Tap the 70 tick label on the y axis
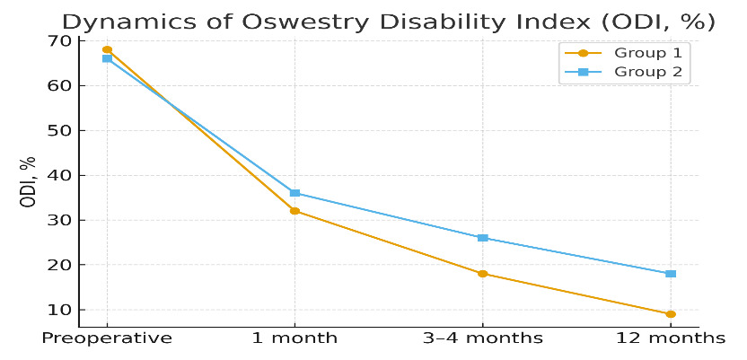click(59, 41)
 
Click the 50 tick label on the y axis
click(59, 131)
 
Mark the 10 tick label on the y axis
click(59, 310)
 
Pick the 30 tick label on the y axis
click(59, 220)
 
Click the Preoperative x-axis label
click(107, 338)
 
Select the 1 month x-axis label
click(294, 338)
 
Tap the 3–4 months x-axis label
click(482, 338)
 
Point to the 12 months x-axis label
click(670, 338)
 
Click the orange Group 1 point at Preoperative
click(107, 49)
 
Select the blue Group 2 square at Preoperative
click(107, 58)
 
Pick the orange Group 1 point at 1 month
click(294, 211)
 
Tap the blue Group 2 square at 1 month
click(294, 193)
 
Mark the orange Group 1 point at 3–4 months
click(482, 274)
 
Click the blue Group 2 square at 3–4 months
click(482, 238)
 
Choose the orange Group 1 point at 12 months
click(670, 314)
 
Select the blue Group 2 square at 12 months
click(670, 274)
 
